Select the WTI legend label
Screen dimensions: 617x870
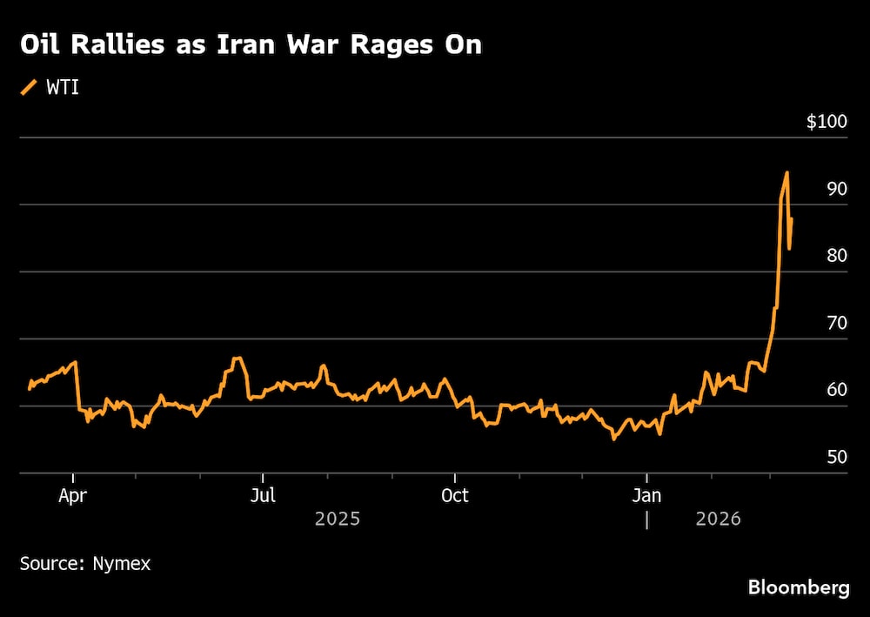62,87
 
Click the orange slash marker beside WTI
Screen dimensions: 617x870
29,87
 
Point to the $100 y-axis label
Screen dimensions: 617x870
826,122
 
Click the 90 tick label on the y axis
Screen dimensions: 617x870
836,189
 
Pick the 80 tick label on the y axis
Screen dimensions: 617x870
836,256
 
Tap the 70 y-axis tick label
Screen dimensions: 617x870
836,323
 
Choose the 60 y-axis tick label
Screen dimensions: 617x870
836,390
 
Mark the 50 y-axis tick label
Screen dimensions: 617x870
836,457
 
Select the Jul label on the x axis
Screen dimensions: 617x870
263,495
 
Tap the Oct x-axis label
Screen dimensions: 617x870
454,495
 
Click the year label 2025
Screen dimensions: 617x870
338,520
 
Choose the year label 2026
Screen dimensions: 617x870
718,520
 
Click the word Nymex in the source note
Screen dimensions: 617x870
121,564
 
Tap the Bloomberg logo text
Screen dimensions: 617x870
799,588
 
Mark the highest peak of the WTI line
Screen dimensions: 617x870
786,172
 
